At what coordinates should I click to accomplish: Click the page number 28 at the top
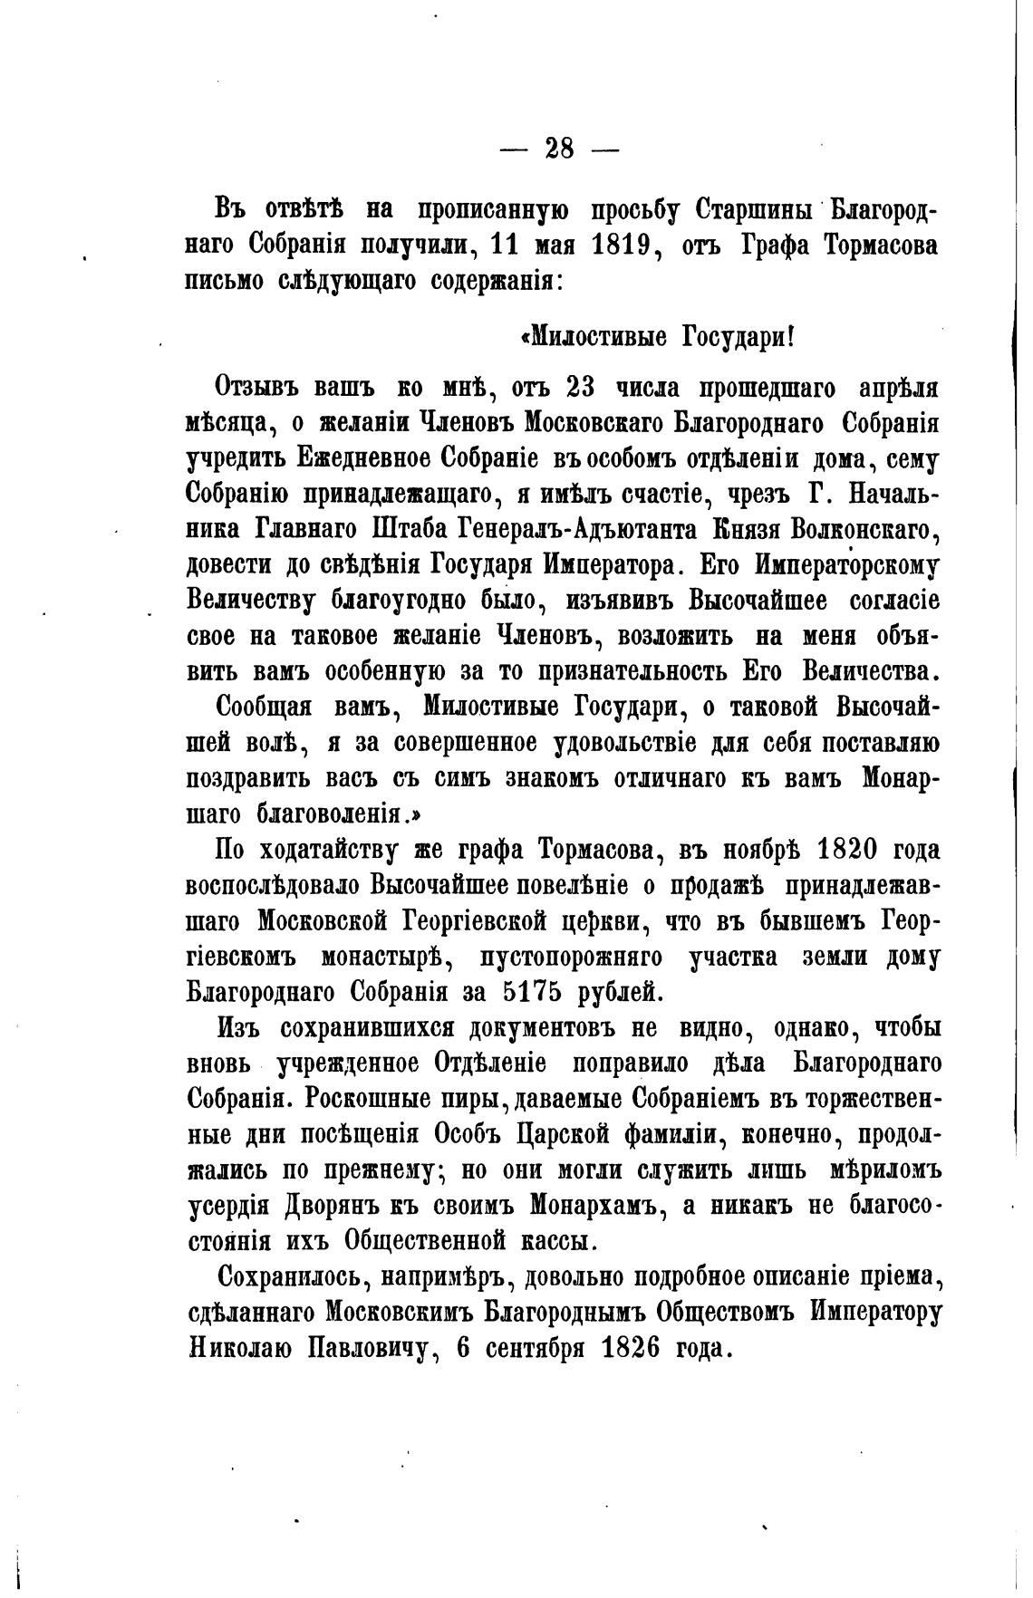click(559, 148)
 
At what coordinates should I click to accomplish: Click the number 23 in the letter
click(579, 388)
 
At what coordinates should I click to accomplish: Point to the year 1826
click(632, 1347)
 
